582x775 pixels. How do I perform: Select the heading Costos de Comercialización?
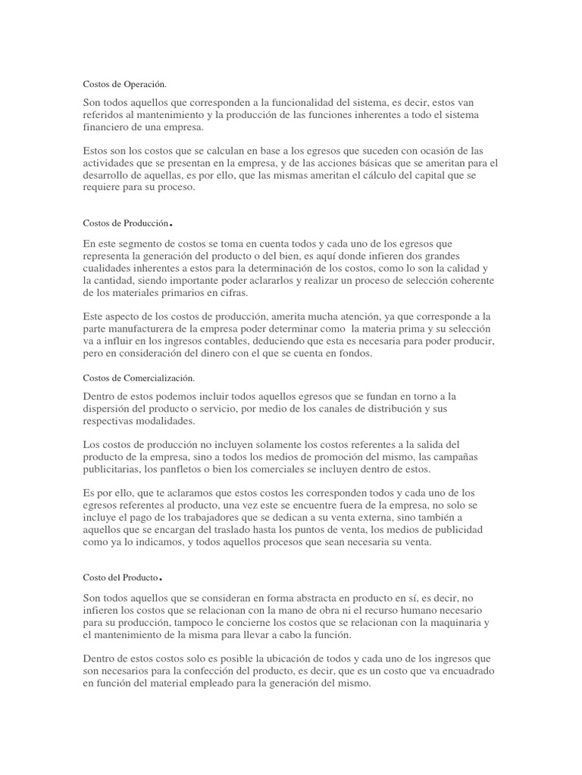point(138,377)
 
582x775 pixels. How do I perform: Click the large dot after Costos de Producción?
point(173,225)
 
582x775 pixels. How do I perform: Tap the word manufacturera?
point(151,328)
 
